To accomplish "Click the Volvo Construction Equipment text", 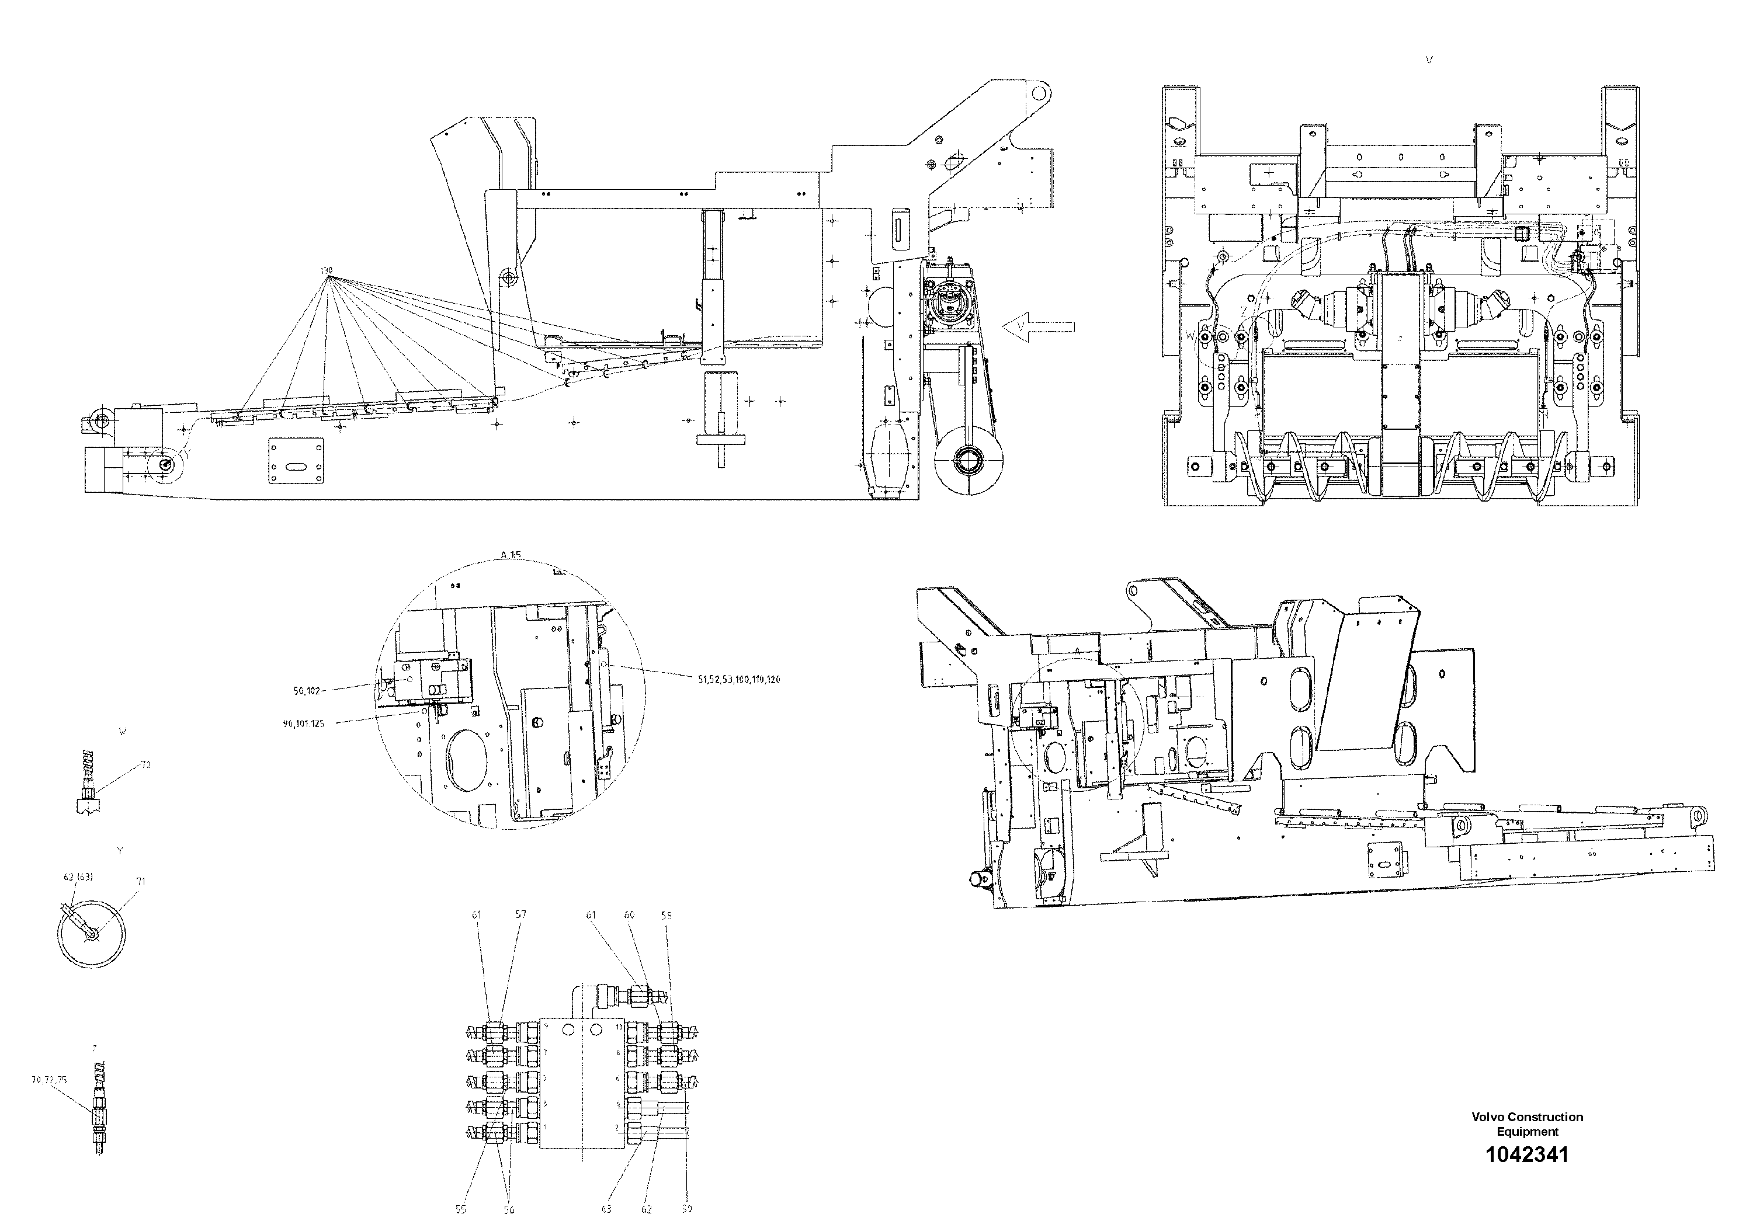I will [1527, 1123].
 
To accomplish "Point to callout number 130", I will [327, 270].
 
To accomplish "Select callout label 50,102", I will [307, 690].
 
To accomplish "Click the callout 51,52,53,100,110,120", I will [738, 679].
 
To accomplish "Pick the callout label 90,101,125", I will [303, 723].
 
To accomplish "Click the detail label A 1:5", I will [511, 554].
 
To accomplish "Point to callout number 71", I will [141, 881].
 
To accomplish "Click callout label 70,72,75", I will [49, 1080].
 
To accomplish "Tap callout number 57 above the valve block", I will [520, 914].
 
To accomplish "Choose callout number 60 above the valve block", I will [629, 914].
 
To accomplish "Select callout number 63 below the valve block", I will [607, 1209].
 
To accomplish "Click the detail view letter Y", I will [120, 851].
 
